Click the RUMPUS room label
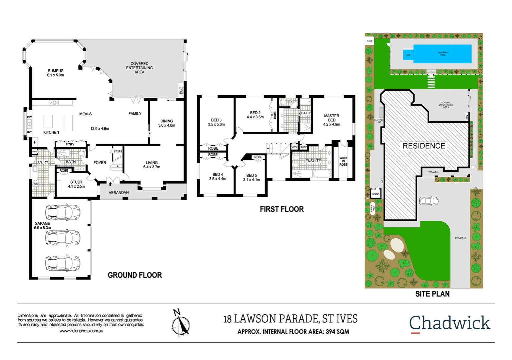[x=55, y=73]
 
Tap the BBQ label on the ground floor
[x=181, y=90]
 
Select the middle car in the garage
[x=63, y=238]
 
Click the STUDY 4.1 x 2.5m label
[x=76, y=184]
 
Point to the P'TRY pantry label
[x=70, y=144]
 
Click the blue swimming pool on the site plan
[x=442, y=54]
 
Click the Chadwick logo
[x=450, y=323]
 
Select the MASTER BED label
[x=332, y=120]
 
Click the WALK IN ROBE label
[x=343, y=161]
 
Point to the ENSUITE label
[x=313, y=161]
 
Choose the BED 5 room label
[x=251, y=177]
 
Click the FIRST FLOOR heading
[x=282, y=209]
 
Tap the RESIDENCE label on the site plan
[x=424, y=146]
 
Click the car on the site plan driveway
[x=429, y=201]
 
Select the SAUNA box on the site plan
[x=376, y=194]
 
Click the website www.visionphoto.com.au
[x=81, y=331]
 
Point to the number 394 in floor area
[x=331, y=332]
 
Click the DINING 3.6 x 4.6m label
[x=166, y=123]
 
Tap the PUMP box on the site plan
[x=370, y=41]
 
